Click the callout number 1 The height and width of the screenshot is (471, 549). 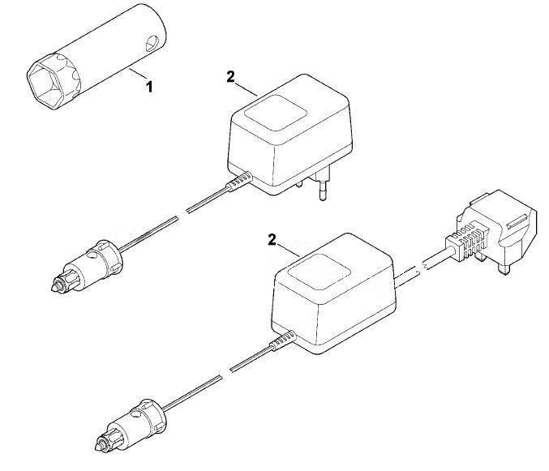pyautogui.click(x=149, y=87)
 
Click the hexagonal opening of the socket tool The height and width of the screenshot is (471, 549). pyautogui.click(x=45, y=85)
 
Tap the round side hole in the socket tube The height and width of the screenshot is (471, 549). pyautogui.click(x=152, y=44)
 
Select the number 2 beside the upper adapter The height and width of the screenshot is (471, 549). pyautogui.click(x=230, y=77)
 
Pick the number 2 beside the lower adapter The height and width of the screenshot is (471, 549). pyautogui.click(x=272, y=240)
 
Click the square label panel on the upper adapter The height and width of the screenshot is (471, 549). pyautogui.click(x=276, y=113)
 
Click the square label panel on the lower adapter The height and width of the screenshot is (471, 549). pyautogui.click(x=319, y=272)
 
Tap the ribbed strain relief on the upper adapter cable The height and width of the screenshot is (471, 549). pyautogui.click(x=239, y=182)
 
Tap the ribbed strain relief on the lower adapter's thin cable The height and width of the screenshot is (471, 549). pyautogui.click(x=283, y=340)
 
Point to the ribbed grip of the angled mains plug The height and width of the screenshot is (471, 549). pyautogui.click(x=467, y=242)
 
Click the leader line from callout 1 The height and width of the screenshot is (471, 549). pyautogui.click(x=139, y=75)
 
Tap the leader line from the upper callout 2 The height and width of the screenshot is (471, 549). pyautogui.click(x=247, y=89)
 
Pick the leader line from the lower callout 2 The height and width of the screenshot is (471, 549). pyautogui.click(x=288, y=250)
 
